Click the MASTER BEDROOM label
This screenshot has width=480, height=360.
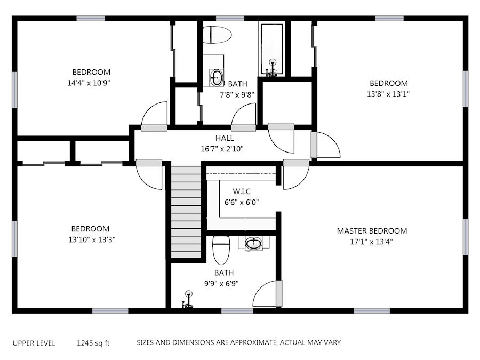click(372, 231)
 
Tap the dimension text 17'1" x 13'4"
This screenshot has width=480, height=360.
click(371, 242)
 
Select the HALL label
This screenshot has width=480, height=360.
click(225, 138)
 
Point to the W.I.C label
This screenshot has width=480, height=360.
click(242, 191)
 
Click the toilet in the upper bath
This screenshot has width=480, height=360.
click(217, 35)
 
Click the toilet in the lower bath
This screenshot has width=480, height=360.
click(221, 250)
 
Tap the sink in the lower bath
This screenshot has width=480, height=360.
click(254, 244)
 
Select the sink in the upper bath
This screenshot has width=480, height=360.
click(217, 78)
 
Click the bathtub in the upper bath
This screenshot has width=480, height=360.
click(272, 49)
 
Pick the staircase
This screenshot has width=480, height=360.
click(186, 212)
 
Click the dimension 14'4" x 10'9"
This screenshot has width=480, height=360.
click(89, 83)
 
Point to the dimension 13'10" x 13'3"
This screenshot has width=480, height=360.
click(92, 239)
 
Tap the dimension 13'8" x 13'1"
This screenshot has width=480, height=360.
click(388, 94)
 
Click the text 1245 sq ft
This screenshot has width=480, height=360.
click(93, 343)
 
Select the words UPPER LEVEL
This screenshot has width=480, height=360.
click(34, 343)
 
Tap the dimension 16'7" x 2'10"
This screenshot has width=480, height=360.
click(222, 149)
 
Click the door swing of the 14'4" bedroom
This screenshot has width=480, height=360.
click(154, 113)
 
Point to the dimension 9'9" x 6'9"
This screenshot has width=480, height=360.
click(221, 284)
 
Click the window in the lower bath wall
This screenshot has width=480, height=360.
click(237, 311)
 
